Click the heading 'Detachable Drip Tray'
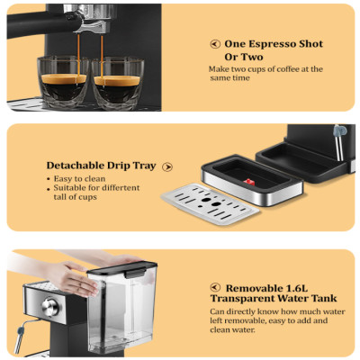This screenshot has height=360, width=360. click(102, 166)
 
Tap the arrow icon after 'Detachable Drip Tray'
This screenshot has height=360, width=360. click(168, 166)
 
